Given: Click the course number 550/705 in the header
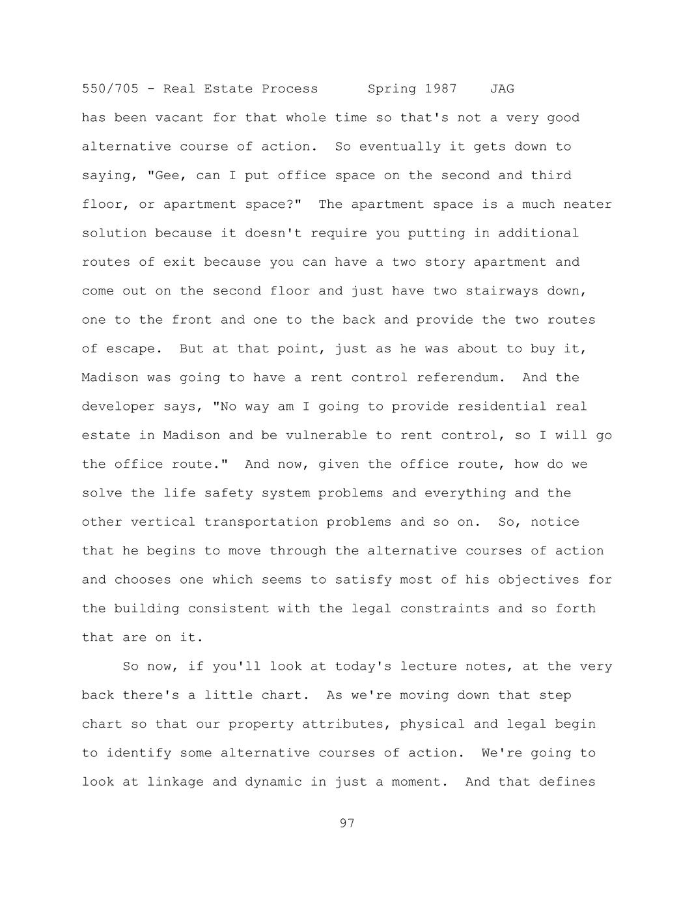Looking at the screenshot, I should pos(110,89).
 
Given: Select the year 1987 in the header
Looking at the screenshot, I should pos(441,89).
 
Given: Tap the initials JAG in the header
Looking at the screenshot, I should pos(502,89).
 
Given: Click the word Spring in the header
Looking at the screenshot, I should pos(392,89).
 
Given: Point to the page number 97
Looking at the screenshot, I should pos(347,823).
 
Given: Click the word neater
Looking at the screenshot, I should pos(587,205).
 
